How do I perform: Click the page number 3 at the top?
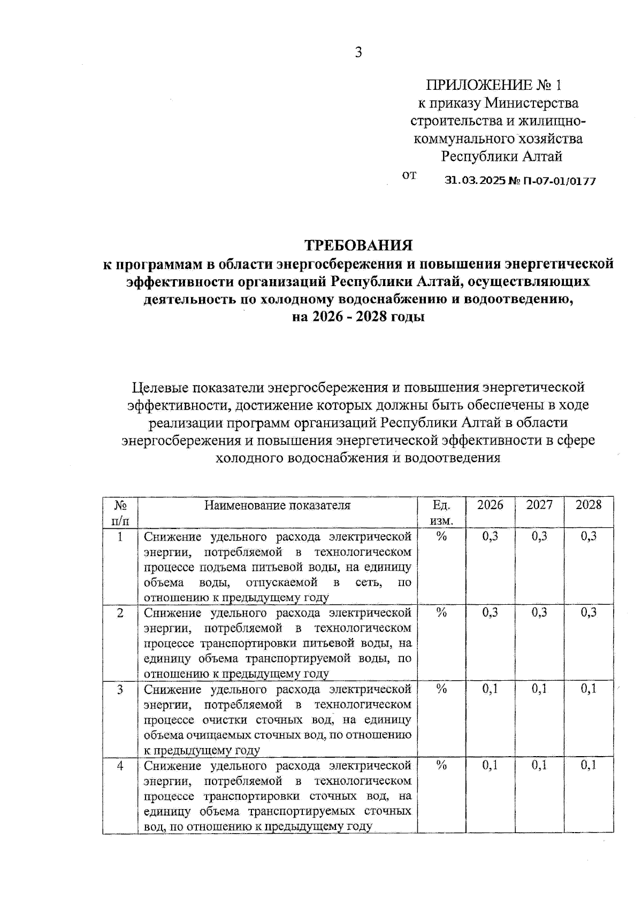[x=358, y=52]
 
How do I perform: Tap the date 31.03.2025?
[x=475, y=181]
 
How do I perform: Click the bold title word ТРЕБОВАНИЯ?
[x=358, y=245]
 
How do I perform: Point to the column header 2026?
[x=490, y=505]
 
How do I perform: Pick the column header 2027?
[x=539, y=505]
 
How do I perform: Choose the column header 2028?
[x=588, y=505]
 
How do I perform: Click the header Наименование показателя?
[x=278, y=505]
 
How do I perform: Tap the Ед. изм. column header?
[x=441, y=512]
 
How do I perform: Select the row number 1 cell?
[x=120, y=536]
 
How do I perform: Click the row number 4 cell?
[x=120, y=766]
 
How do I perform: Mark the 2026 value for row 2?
[x=490, y=613]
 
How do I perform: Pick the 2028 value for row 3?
[x=588, y=689]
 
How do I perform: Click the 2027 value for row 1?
[x=539, y=536]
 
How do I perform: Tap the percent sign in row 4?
[x=441, y=766]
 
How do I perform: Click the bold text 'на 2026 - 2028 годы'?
[x=358, y=317]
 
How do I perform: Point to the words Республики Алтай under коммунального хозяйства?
[x=501, y=157]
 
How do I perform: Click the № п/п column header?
[x=120, y=512]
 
